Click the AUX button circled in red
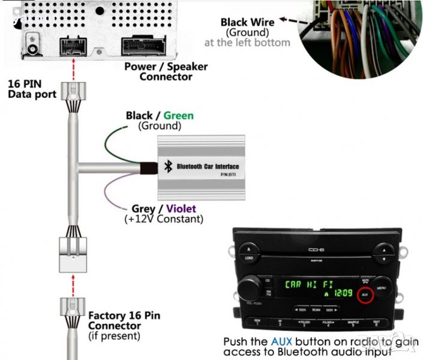(x=364, y=295)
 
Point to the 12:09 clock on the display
(x=343, y=293)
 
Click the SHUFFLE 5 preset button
(x=353, y=323)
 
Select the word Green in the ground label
(x=178, y=115)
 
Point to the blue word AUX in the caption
(x=283, y=341)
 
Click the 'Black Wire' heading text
(x=247, y=22)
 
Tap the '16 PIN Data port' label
(x=31, y=89)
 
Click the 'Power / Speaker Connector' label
(x=166, y=71)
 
